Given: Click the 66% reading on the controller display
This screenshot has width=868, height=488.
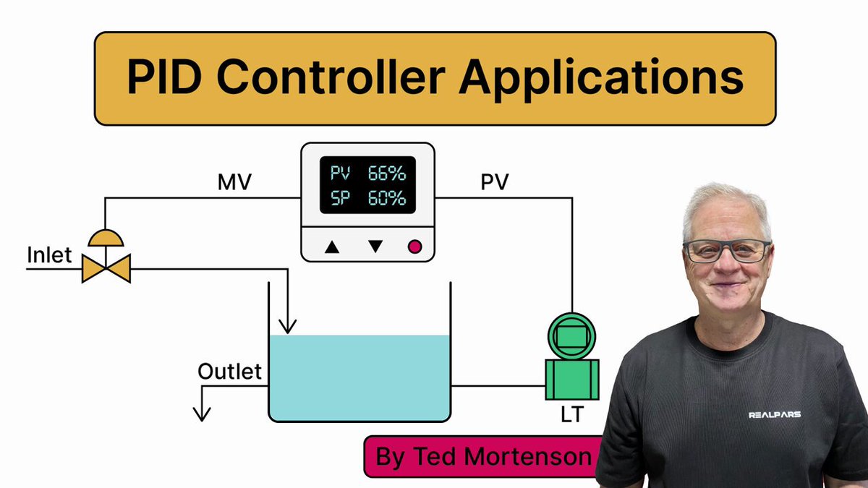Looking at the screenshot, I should pos(387,174).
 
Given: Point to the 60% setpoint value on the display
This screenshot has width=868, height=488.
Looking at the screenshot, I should pos(387,198).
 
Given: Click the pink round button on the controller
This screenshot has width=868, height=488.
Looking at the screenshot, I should pos(414,247).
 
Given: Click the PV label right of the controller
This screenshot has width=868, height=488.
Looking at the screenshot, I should pos(495,183).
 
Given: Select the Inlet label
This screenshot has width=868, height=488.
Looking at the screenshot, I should pos(50,255).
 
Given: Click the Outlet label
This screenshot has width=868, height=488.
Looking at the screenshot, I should pos(229,372).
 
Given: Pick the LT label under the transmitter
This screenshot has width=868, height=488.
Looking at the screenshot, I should pos(571,414).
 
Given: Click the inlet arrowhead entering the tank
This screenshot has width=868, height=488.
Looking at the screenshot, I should pos(288,328).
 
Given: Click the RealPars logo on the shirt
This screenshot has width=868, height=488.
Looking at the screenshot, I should pos(774,415).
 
